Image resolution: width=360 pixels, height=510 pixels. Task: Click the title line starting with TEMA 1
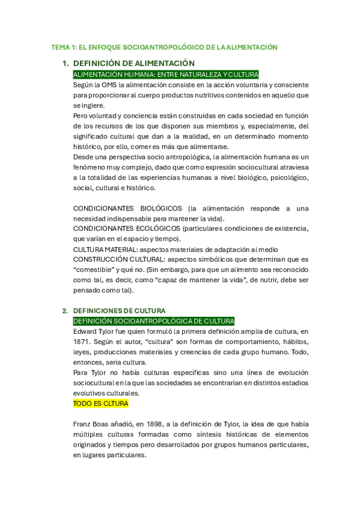pos(164,47)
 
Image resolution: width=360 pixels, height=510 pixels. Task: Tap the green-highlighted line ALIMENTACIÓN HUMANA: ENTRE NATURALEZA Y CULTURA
pos(165,75)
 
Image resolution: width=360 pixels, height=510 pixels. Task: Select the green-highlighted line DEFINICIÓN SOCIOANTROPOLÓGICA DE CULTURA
pos(153,321)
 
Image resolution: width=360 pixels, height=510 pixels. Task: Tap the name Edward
pos(87,331)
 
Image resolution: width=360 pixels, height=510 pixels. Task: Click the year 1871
pos(82,342)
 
